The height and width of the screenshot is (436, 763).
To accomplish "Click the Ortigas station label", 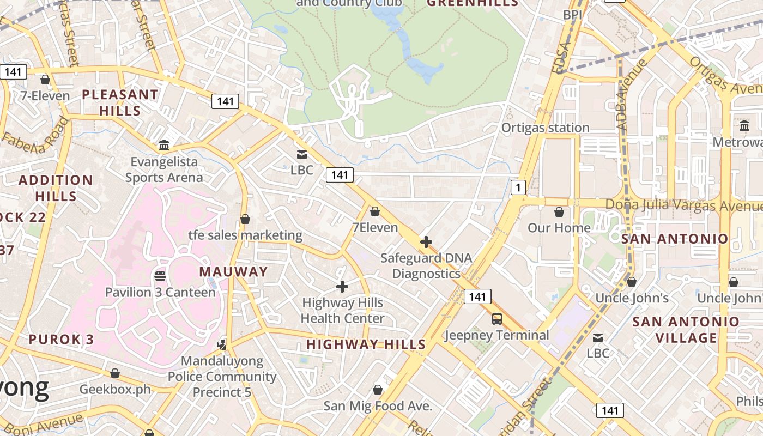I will (x=545, y=128).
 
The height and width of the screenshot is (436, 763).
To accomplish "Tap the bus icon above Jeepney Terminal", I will (x=497, y=319).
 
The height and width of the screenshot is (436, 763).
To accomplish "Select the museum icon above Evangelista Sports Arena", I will (x=164, y=145).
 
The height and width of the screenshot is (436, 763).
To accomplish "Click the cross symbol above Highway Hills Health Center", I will (x=342, y=287).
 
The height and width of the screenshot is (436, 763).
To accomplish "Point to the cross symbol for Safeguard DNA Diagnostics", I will (x=426, y=241).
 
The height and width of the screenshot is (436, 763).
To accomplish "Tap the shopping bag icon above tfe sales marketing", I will (x=245, y=219).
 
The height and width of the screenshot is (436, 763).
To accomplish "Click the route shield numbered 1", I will (x=518, y=188).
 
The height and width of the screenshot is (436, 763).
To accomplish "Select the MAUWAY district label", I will (x=233, y=271).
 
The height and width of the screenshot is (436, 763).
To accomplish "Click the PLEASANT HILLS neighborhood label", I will (x=120, y=102).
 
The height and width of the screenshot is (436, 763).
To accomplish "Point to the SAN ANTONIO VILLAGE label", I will (x=686, y=330).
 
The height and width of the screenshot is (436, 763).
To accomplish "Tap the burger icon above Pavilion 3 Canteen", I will (x=160, y=276).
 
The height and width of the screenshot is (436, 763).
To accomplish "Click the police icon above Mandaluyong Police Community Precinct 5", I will (x=222, y=344).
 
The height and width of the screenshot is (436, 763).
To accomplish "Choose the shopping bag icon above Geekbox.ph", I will (x=115, y=373).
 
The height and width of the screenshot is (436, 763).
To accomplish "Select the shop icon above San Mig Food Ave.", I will (x=377, y=390).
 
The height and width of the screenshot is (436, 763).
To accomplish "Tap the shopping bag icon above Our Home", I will (x=559, y=212).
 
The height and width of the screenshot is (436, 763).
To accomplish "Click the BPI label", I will (x=573, y=15).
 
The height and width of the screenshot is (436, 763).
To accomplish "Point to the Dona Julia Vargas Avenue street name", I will (x=684, y=205).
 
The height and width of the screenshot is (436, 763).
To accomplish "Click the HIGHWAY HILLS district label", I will (x=366, y=344).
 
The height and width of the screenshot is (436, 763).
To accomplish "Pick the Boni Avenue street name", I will (x=41, y=425).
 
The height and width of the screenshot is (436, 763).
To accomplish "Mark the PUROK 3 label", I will (x=61, y=340).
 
